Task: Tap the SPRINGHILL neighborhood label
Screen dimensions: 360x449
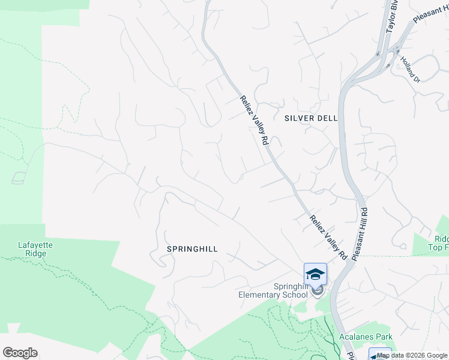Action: tap(191, 248)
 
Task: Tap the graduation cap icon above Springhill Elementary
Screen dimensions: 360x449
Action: tap(315, 274)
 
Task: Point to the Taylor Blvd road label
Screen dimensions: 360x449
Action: tap(392, 20)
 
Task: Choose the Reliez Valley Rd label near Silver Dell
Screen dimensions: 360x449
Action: tap(253, 120)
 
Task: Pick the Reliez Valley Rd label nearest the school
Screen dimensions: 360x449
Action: tap(328, 237)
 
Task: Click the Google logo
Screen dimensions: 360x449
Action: tap(20, 353)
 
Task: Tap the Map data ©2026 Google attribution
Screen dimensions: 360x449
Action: tap(412, 355)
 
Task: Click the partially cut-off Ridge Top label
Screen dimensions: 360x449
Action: tap(438, 242)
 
